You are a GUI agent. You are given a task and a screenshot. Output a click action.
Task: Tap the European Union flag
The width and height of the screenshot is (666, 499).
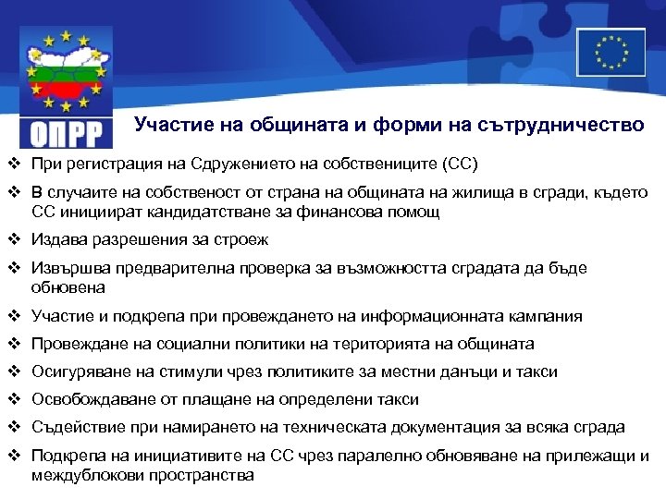610,52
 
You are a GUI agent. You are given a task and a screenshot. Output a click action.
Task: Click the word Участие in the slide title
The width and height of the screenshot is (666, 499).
167,124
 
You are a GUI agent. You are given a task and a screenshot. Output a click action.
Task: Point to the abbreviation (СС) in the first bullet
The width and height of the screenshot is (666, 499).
458,164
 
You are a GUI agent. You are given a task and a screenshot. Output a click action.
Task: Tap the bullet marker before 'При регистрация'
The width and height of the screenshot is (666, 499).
13,164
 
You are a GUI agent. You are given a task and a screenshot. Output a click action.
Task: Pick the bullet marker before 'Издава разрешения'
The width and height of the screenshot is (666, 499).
13,239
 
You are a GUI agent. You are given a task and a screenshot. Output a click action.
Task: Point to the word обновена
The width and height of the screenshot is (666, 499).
63,287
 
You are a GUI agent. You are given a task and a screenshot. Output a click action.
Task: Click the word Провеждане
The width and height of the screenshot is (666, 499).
73,344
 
